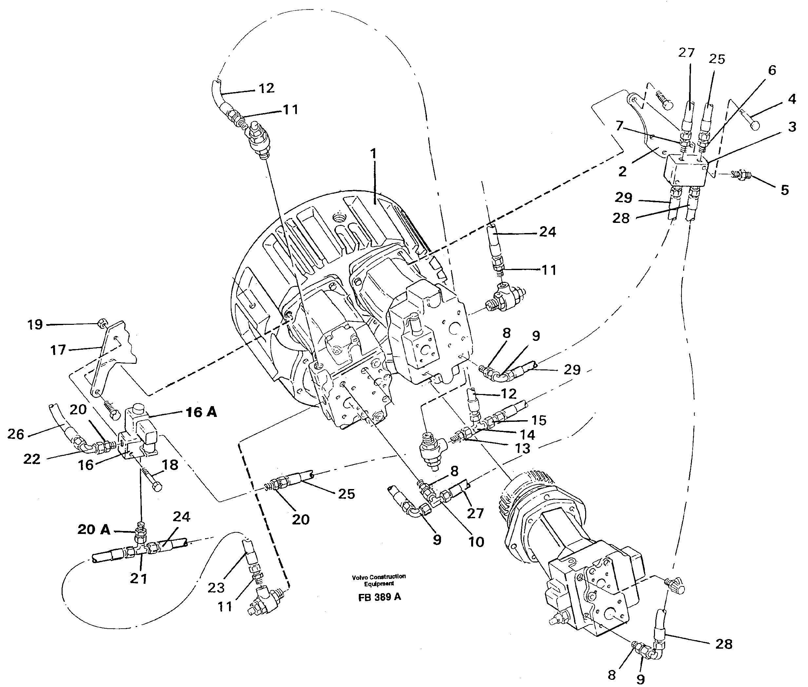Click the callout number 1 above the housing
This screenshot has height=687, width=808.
tap(373, 154)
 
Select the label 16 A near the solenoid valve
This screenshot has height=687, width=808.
tap(201, 412)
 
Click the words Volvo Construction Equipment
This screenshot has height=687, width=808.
tap(378, 580)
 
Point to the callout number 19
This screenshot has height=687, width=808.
tap(35, 324)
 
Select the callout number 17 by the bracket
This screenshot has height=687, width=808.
tap(58, 350)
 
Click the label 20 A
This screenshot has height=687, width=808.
tap(94, 529)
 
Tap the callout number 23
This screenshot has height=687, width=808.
tap(216, 587)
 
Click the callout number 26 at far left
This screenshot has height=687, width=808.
tap(16, 434)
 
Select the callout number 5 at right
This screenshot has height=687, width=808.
tap(784, 190)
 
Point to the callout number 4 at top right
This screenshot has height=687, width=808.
tap(792, 99)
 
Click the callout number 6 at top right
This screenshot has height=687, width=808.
tap(772, 70)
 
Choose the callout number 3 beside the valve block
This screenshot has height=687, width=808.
tap(792, 127)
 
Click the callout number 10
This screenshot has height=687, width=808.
tap(476, 542)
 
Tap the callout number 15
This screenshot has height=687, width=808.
tap(539, 420)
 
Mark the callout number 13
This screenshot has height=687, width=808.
tap(522, 448)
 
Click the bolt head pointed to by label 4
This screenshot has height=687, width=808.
tap(754, 125)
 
